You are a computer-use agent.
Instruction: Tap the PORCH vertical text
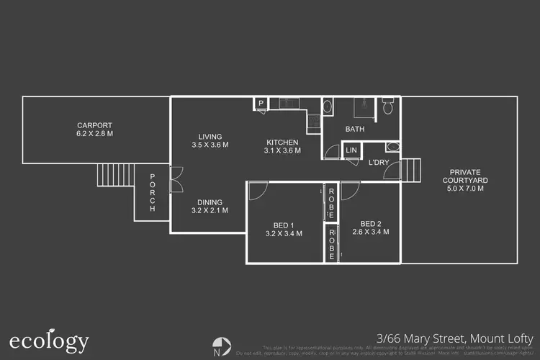(153, 193)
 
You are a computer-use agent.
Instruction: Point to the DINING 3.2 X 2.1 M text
(210, 207)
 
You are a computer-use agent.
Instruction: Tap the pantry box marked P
(260, 104)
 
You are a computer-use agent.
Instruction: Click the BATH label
(354, 130)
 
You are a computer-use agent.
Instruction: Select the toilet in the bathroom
(387, 108)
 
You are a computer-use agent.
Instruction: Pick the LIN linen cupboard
(351, 150)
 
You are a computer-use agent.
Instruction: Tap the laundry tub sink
(392, 147)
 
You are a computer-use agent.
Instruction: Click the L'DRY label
(379, 163)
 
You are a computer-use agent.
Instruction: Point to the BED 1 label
(284, 228)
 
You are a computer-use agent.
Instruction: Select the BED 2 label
(370, 228)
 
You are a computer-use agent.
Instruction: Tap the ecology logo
(49, 341)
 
